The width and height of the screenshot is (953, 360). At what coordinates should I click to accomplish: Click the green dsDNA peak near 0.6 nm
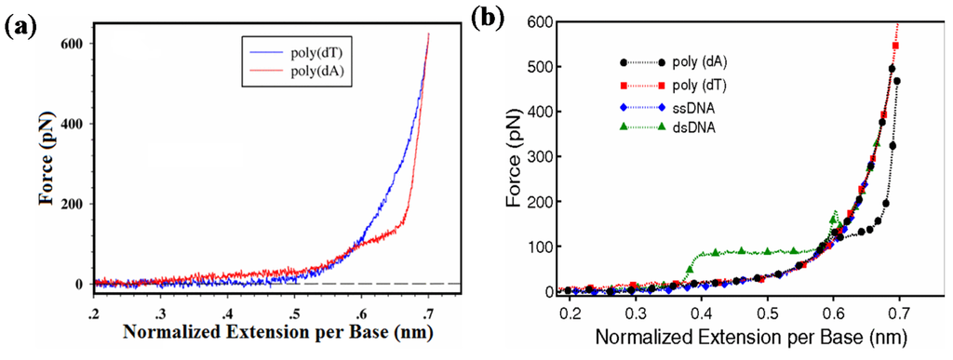tap(834, 215)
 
